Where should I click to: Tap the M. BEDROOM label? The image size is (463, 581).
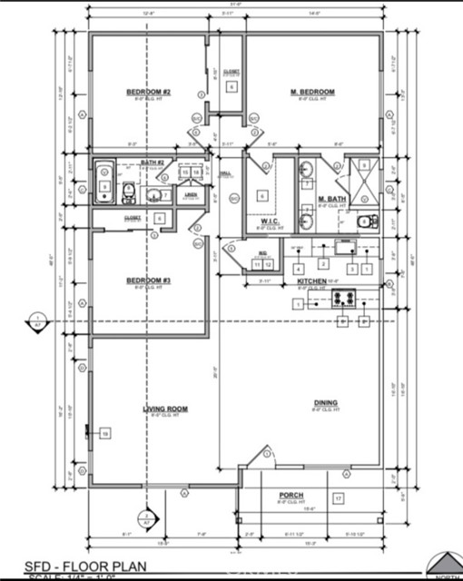(x=312, y=93)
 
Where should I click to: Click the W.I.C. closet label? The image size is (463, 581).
(x=269, y=221)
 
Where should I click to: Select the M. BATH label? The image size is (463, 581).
(x=330, y=199)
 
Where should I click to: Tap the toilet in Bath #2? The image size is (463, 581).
(x=129, y=192)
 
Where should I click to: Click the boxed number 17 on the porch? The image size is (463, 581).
(x=338, y=498)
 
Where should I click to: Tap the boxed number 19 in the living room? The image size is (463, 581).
(x=105, y=435)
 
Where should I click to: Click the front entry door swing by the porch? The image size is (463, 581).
(x=262, y=458)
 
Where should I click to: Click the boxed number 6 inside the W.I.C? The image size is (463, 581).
(x=262, y=195)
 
